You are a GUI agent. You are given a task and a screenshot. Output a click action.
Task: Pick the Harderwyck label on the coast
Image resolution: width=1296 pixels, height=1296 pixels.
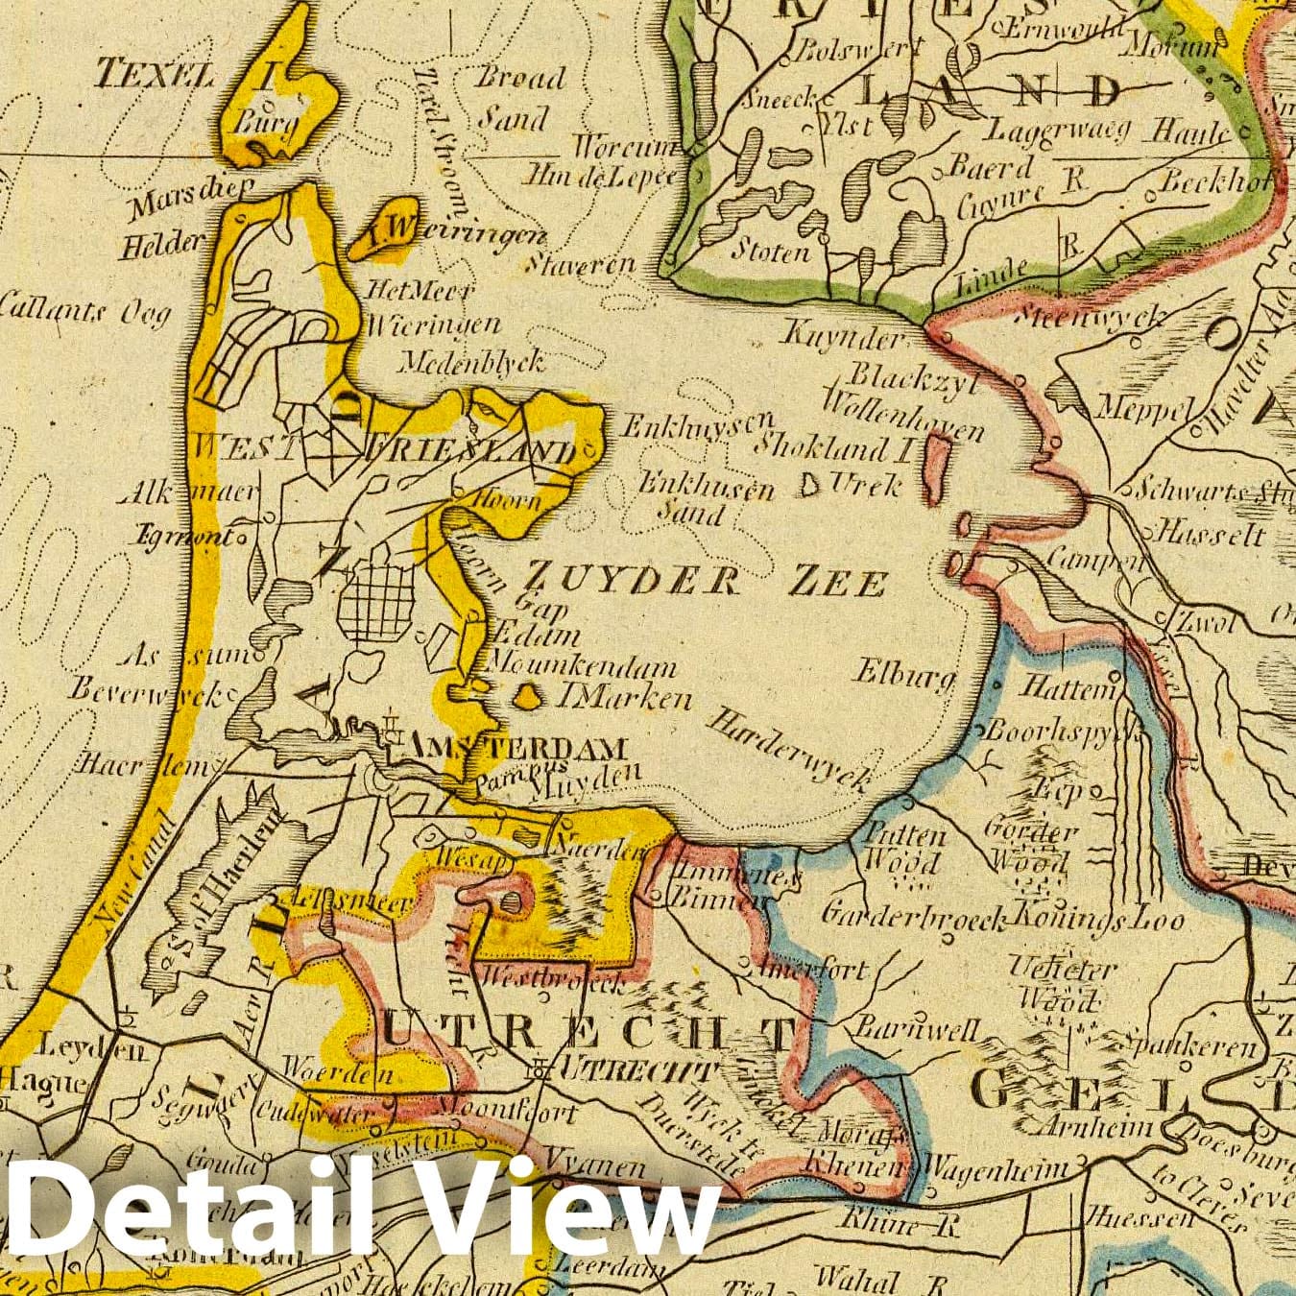pos(790,751)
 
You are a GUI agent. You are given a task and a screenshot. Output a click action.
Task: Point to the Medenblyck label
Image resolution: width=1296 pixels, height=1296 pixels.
pos(471,361)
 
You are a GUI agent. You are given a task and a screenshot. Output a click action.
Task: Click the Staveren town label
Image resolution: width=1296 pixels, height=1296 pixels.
pos(593,263)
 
